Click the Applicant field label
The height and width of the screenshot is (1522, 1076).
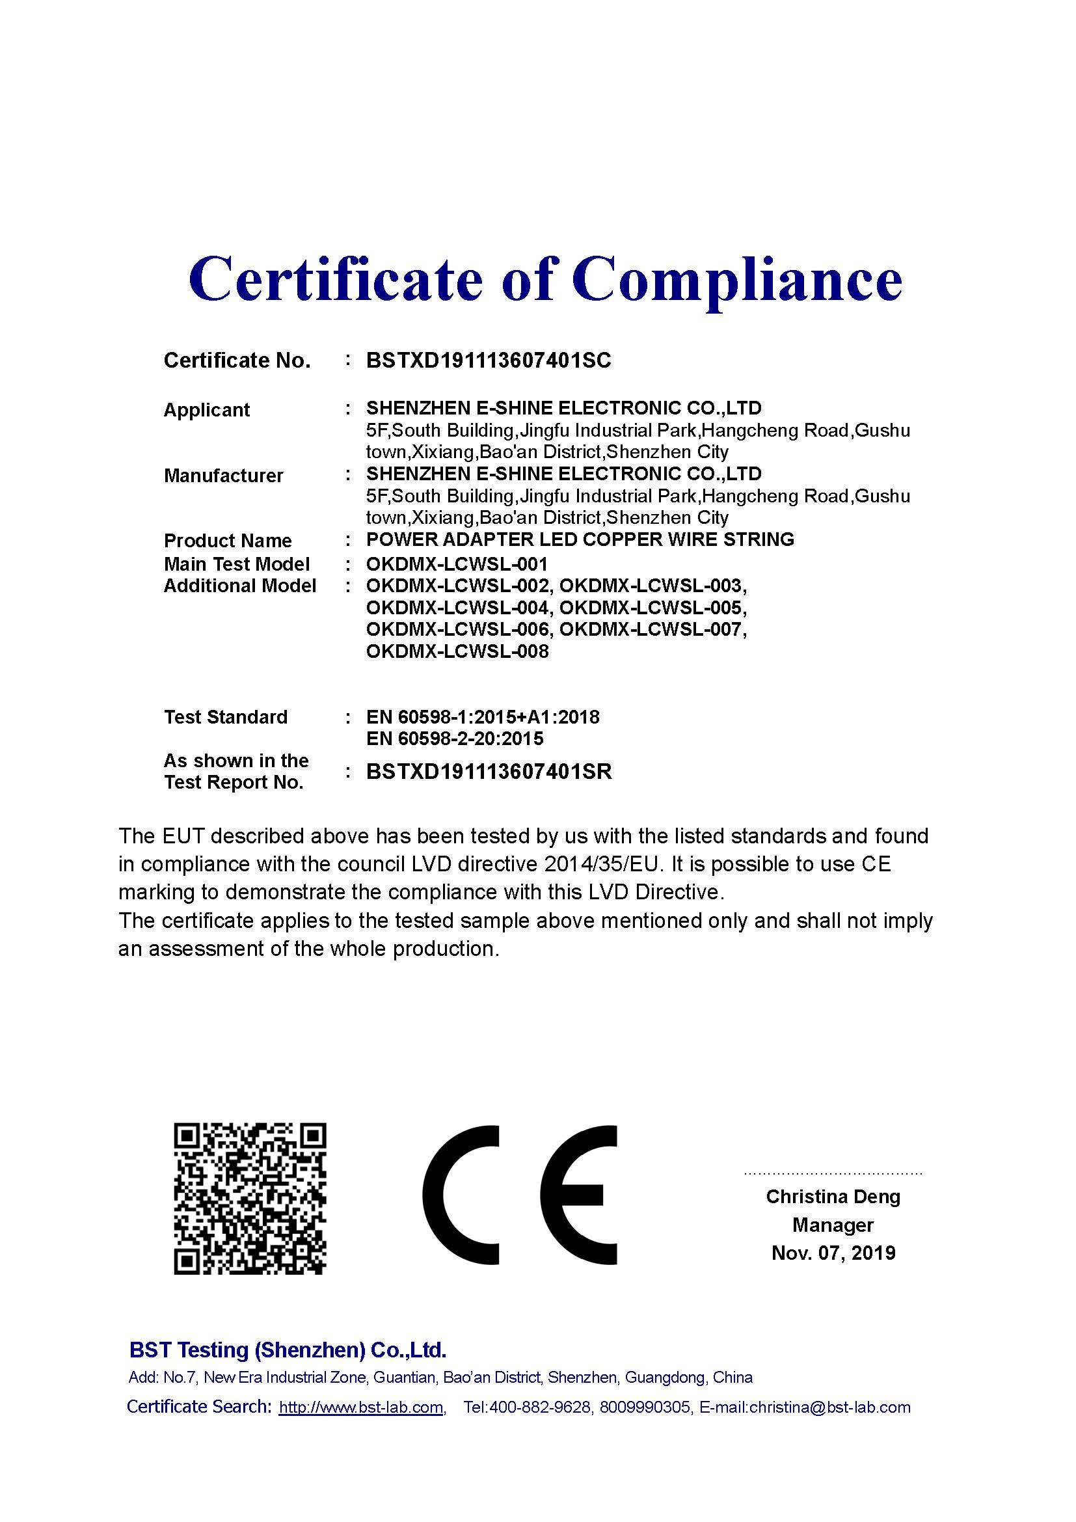coord(206,410)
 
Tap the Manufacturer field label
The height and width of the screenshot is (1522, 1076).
coord(223,475)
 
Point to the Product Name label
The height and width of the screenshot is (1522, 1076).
coord(227,540)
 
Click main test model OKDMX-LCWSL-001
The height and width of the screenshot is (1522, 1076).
coord(457,564)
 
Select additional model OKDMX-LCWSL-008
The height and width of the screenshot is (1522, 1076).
coord(457,651)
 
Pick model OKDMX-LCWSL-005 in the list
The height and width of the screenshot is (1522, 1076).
coord(652,608)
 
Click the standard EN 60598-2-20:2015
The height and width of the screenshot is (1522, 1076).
coord(455,739)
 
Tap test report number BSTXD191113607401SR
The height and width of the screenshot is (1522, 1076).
coord(489,772)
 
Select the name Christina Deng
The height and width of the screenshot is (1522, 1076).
coord(833,1197)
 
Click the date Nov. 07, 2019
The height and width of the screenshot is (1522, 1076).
coord(833,1252)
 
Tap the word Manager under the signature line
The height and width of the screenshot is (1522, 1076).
coord(833,1225)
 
